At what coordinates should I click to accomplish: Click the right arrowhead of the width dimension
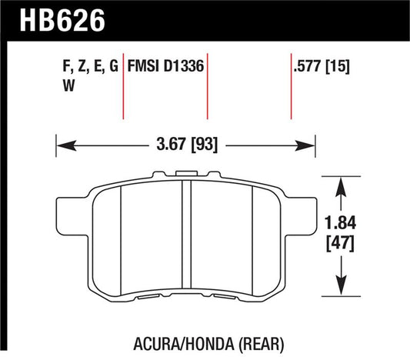[x=309, y=143]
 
